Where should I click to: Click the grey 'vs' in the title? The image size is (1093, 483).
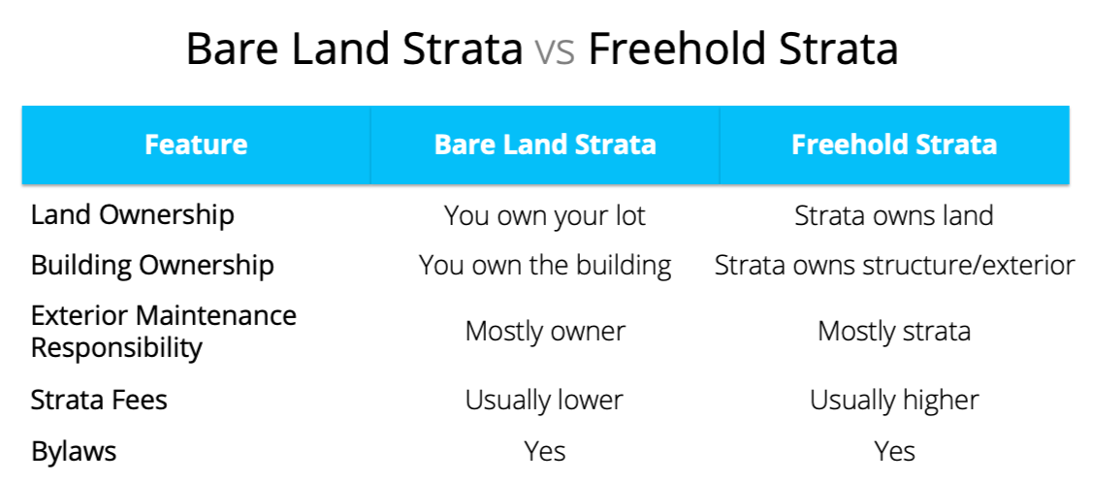[555, 50]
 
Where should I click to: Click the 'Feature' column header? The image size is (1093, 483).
[196, 145]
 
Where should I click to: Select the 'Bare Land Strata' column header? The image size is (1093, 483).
[545, 145]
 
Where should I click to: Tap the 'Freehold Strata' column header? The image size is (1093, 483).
[894, 145]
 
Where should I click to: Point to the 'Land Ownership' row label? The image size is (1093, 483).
[133, 215]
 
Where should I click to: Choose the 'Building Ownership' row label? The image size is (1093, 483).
[152, 266]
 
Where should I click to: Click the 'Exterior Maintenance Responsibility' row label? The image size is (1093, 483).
[164, 331]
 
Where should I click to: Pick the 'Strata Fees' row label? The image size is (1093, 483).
[99, 400]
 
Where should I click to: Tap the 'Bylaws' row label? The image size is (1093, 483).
[73, 452]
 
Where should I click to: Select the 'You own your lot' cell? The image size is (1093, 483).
[545, 216]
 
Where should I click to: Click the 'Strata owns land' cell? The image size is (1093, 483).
[894, 215]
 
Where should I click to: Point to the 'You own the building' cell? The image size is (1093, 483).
[545, 266]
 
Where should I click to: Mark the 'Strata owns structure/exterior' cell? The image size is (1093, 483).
[894, 266]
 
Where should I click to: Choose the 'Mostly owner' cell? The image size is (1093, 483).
[545, 331]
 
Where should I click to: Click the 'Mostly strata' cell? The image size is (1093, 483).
[894, 331]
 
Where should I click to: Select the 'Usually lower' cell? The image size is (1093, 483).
[544, 400]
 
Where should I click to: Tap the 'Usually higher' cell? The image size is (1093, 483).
[894, 400]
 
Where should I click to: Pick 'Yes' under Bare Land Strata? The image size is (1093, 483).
[545, 452]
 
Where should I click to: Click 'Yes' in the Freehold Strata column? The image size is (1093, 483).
[894, 452]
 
